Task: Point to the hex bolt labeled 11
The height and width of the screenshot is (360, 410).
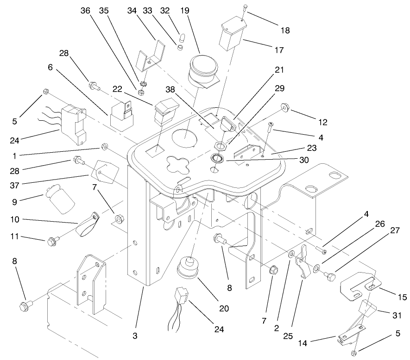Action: (50, 241)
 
